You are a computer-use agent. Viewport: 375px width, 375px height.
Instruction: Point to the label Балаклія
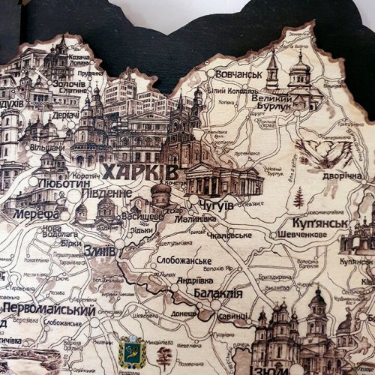point(217,293)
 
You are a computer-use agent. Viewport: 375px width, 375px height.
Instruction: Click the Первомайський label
point(49,310)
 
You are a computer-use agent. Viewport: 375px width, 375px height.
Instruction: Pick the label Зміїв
point(99,251)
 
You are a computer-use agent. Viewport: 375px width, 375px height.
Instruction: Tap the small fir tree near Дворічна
point(298,199)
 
